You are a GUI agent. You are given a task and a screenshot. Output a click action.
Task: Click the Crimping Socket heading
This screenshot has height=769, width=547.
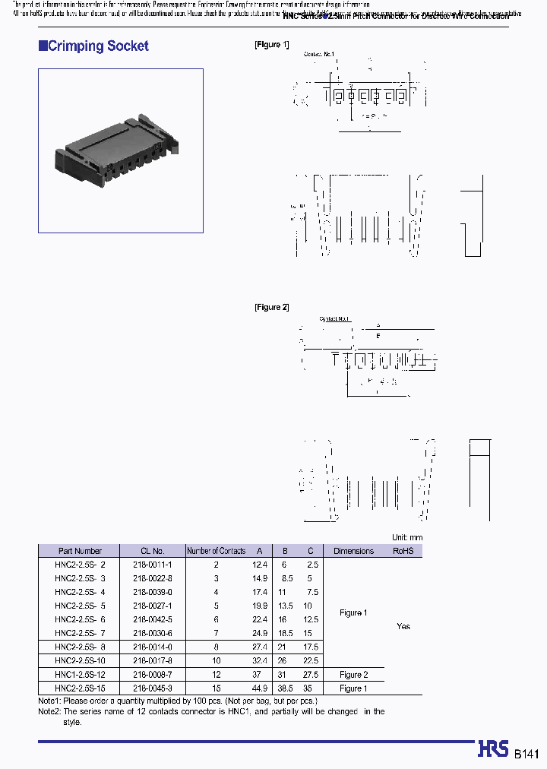coord(97,46)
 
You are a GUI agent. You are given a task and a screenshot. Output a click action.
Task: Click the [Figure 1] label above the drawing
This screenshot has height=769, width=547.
coord(271,45)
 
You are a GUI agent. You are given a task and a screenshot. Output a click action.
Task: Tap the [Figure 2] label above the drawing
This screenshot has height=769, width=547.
coord(271,307)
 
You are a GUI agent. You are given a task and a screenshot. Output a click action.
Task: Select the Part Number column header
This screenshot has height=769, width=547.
coord(80,551)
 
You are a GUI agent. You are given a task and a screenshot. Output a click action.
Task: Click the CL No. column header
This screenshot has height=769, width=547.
coord(153,551)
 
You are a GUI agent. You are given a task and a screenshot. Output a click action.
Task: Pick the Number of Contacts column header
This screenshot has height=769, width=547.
coord(217,551)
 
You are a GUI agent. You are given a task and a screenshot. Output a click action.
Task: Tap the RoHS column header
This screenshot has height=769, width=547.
coord(403,551)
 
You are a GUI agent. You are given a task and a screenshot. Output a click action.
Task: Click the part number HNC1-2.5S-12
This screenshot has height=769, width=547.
coord(81,675)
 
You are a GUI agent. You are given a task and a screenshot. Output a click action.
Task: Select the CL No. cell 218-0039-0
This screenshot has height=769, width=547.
coord(153,592)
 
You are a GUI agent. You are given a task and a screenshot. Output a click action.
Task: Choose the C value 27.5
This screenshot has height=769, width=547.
coord(308,675)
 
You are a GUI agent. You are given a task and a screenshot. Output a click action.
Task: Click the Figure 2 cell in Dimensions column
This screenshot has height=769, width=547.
coord(351,675)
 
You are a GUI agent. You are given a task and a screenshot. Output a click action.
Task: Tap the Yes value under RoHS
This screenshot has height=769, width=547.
coord(403,626)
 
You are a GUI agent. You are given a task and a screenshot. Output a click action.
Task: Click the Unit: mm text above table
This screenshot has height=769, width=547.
coord(406,537)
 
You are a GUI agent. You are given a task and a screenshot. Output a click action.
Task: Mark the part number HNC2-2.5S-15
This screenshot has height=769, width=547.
coord(81,688)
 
